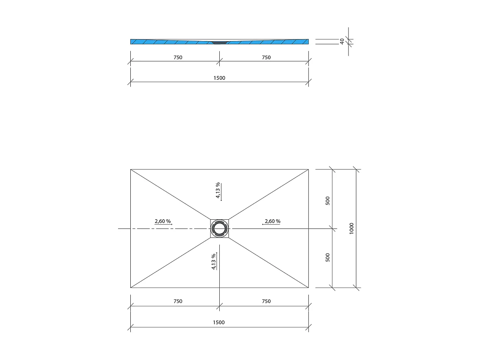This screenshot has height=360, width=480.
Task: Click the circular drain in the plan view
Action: [220, 228]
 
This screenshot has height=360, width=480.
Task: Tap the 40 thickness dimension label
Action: [342, 41]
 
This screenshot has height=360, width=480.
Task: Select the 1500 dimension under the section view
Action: [219, 78]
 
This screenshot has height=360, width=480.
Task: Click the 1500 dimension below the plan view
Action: [219, 322]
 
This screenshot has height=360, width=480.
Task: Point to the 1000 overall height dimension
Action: [352, 228]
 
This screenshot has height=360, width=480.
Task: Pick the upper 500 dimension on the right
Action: [327, 201]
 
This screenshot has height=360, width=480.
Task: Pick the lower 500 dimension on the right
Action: [327, 257]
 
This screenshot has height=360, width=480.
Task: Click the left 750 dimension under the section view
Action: [178, 58]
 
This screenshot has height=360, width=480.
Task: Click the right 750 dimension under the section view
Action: [266, 58]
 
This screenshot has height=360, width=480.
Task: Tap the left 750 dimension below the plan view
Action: [178, 301]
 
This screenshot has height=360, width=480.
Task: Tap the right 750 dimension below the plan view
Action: [266, 301]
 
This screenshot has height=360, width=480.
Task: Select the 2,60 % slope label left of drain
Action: [163, 221]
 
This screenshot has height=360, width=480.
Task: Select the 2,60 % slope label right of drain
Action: [272, 221]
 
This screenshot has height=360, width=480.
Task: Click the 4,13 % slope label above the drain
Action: [218, 191]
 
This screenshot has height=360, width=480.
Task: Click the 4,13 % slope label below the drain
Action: [214, 262]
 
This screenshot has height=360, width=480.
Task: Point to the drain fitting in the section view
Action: [219, 43]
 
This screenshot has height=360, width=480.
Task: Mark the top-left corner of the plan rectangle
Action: [131, 169]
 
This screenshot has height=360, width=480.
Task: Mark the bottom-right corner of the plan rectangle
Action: [308, 288]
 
